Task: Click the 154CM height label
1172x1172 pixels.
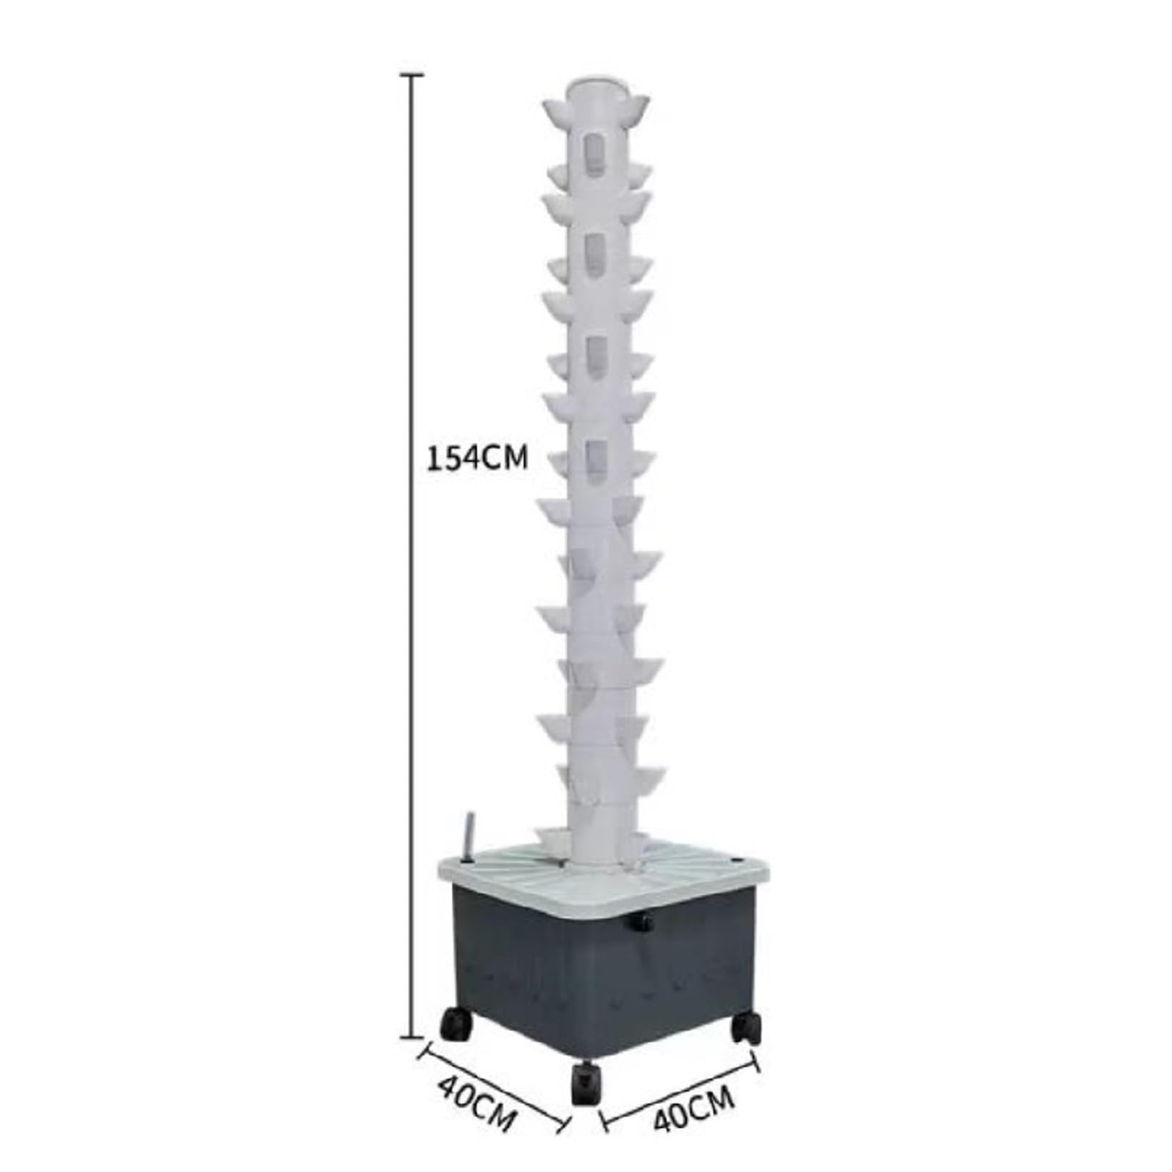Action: coord(478,458)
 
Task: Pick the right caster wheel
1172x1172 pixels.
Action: coord(747,1026)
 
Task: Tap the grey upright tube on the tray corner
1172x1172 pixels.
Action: coord(469,838)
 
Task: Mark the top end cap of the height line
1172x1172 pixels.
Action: coord(412,74)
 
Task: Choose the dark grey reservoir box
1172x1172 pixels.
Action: coord(600,969)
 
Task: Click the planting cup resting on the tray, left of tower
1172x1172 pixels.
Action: coord(555,842)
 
